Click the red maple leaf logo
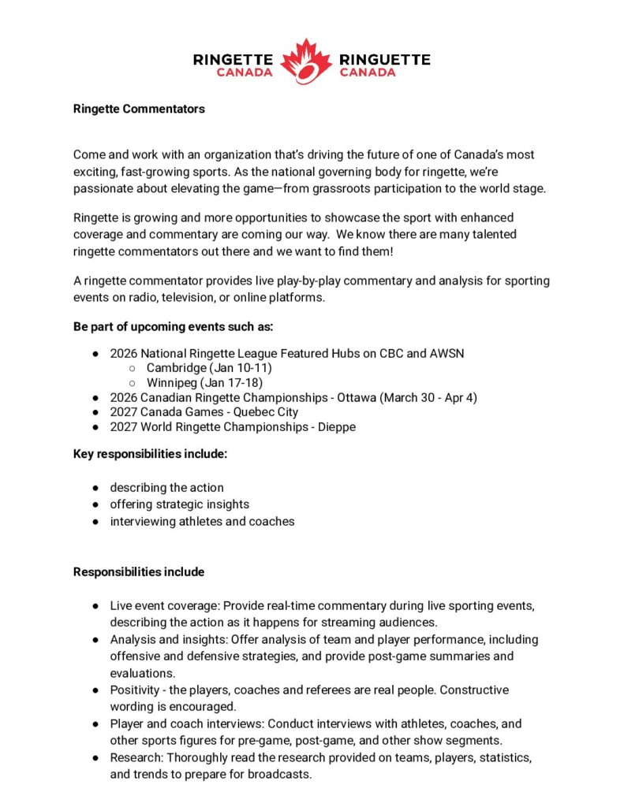[306, 61]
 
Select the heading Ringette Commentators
[139, 110]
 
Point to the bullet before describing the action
[94, 488]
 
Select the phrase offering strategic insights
[179, 504]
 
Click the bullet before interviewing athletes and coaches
[94, 522]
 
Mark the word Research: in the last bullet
[136, 757]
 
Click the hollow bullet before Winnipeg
[132, 383]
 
